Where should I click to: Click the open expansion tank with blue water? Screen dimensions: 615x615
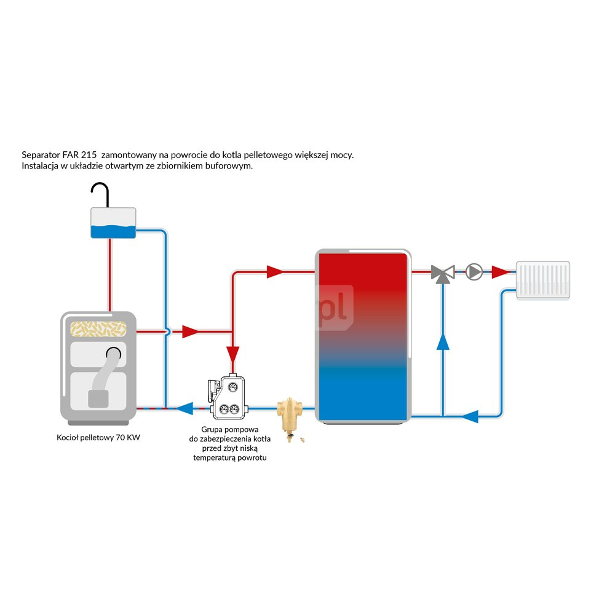click(113, 223)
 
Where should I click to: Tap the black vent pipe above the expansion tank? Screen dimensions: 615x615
click(101, 192)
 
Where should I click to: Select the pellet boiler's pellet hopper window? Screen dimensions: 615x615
click(98, 330)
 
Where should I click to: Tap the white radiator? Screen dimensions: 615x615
click(543, 280)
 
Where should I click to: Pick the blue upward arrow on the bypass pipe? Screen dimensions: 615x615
click(443, 341)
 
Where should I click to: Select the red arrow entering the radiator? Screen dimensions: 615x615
click(502, 272)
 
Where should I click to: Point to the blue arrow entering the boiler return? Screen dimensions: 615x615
click(184, 407)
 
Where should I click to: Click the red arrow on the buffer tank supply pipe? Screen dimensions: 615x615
click(275, 272)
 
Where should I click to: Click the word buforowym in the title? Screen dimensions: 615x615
click(227, 167)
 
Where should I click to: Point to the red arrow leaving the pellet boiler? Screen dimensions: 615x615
click(191, 332)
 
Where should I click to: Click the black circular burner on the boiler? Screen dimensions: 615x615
click(114, 354)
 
